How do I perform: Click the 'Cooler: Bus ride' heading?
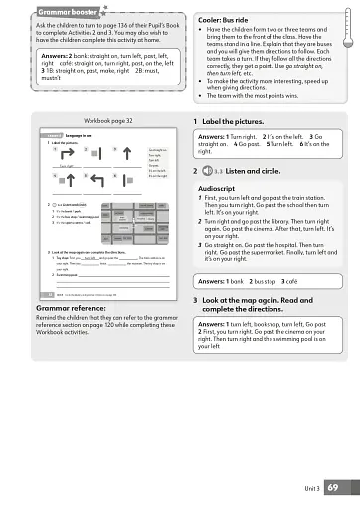point(217,19)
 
